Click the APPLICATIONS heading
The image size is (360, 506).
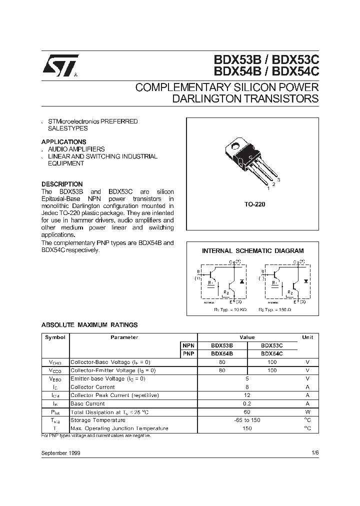click(63, 142)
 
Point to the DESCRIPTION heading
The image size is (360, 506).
click(62, 184)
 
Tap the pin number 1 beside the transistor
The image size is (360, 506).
click(268, 188)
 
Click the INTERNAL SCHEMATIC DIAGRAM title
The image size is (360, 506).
click(252, 251)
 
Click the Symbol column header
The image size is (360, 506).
click(55, 337)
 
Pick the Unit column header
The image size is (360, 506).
click(308, 337)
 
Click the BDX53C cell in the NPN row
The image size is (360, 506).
click(272, 345)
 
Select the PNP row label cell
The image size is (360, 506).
click(188, 353)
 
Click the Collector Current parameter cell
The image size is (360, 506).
click(93, 387)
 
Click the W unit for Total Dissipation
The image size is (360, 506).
click(308, 412)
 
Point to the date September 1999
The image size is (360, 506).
click(61, 452)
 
